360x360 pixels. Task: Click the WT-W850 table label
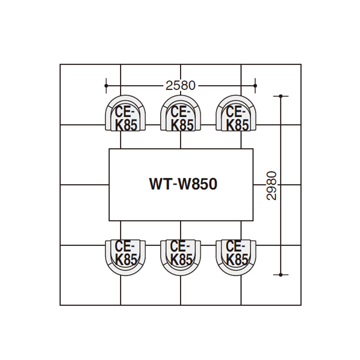click(183, 184)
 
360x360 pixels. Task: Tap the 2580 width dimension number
click(181, 86)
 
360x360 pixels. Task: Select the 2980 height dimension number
click(272, 185)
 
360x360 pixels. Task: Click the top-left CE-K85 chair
click(125, 113)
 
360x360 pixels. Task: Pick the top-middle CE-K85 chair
click(181, 113)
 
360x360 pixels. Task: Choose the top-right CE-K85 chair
click(236, 113)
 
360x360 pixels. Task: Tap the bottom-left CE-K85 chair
click(125, 258)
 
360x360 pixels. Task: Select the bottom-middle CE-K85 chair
click(181, 258)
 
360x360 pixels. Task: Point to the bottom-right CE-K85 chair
click(236, 258)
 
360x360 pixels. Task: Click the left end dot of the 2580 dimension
click(106, 86)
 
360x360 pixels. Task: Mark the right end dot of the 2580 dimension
click(256, 86)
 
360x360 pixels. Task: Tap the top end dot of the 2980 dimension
click(281, 96)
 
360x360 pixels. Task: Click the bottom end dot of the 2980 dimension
click(281, 275)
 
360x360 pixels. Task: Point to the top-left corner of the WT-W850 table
click(109, 149)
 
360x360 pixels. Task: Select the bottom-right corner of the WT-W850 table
click(253, 221)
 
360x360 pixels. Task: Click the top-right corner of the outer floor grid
click(301, 64)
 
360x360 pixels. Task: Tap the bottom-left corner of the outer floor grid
click(60, 305)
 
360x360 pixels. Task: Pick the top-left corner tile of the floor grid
click(90, 95)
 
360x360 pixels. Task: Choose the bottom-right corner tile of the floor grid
click(271, 275)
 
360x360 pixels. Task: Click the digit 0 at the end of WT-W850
click(213, 184)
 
